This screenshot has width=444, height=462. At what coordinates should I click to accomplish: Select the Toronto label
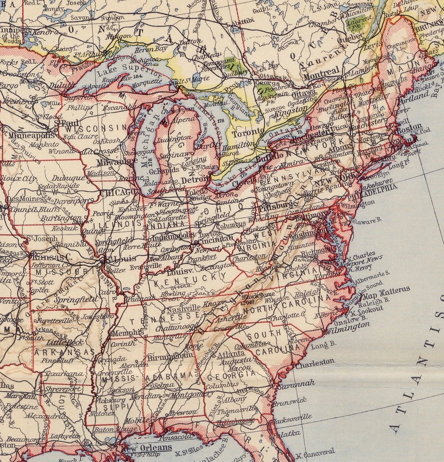[x=248, y=132]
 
